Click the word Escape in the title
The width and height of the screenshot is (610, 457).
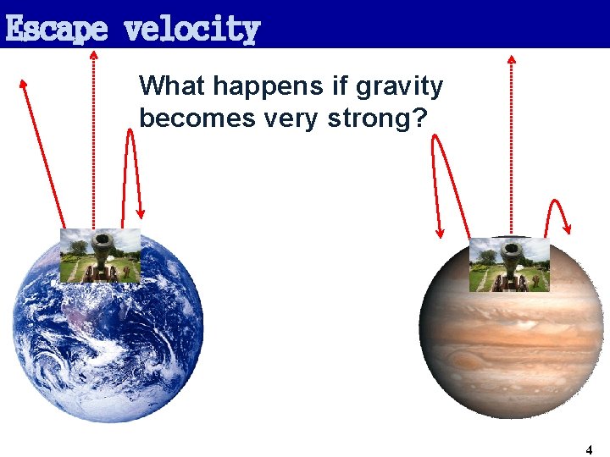click(x=56, y=30)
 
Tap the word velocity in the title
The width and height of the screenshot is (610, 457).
click(x=191, y=30)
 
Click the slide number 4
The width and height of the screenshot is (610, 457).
click(x=589, y=449)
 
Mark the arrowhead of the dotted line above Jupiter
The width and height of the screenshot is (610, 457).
click(x=511, y=59)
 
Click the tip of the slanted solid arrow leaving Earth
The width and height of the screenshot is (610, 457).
click(x=24, y=83)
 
